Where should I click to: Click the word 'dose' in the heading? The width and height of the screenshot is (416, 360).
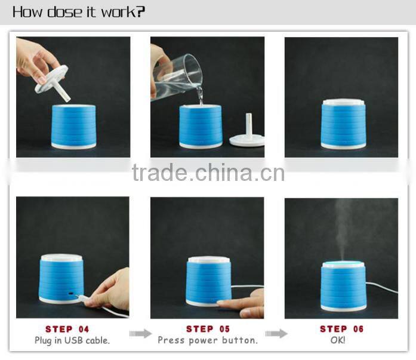click(64, 13)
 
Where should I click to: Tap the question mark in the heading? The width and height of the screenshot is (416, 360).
click(141, 12)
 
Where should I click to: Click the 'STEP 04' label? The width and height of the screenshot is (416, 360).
click(67, 329)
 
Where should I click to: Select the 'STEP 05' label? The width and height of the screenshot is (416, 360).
click(208, 329)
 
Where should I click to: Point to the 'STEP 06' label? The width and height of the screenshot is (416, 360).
click(341, 329)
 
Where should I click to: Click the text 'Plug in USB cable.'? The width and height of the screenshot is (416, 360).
click(72, 340)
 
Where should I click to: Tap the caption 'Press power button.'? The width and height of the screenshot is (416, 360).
click(208, 340)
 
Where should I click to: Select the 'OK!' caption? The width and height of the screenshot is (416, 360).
click(338, 340)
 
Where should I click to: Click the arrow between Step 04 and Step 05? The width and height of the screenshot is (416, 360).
click(140, 334)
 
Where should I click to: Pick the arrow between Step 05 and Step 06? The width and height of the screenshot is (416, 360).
click(276, 334)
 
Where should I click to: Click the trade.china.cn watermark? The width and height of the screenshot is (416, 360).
click(208, 173)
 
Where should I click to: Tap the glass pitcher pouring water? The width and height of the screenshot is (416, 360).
click(177, 78)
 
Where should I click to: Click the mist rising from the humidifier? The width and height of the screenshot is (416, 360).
click(342, 229)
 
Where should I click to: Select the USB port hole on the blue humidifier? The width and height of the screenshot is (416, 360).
click(71, 294)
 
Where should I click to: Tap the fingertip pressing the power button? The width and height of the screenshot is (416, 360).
click(221, 303)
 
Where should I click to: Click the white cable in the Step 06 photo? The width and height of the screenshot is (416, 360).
click(381, 287)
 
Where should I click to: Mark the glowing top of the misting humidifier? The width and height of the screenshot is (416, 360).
click(343, 264)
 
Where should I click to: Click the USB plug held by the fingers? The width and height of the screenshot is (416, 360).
click(82, 298)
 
